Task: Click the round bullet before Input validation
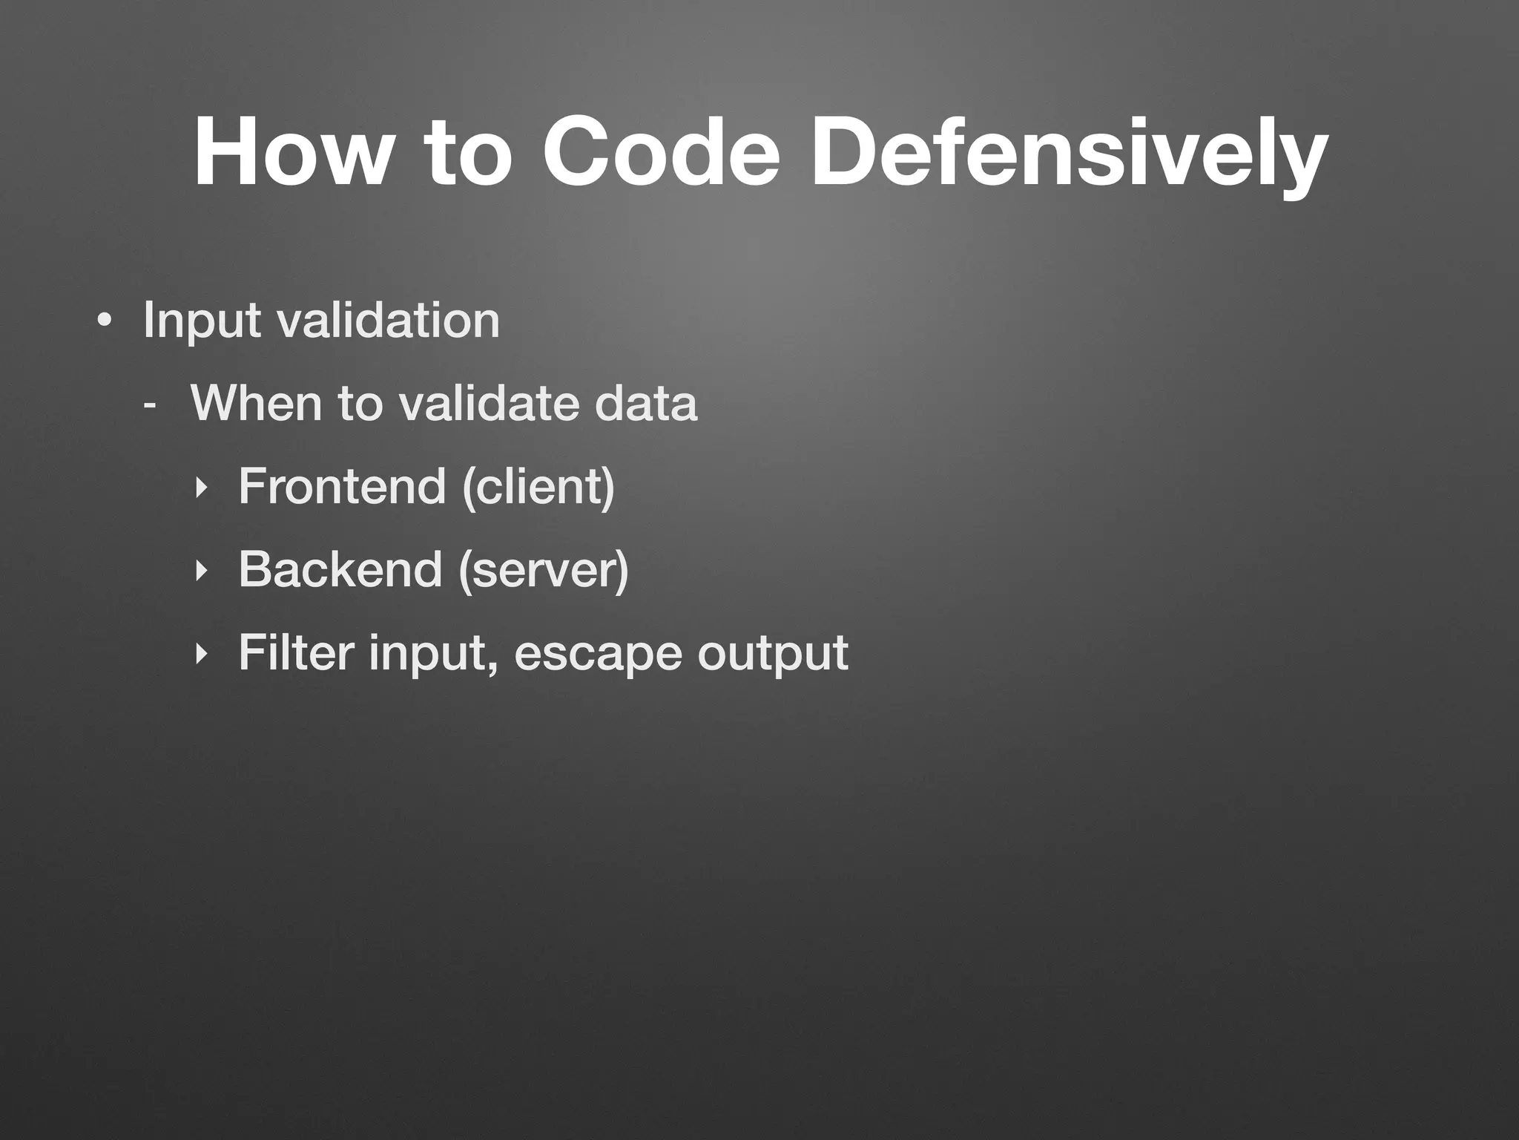105,321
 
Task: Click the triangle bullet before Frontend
199,488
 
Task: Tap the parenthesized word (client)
538,487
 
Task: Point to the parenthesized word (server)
544,570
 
